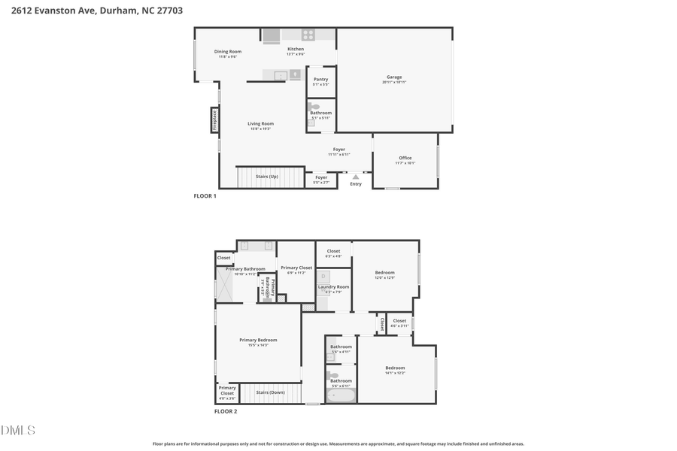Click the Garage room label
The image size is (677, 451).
coord(394,77)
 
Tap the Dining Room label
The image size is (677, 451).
coord(228,53)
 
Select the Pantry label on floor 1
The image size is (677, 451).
coord(320,80)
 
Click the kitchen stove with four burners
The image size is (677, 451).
coord(308,35)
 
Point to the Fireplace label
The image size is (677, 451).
coord(214,120)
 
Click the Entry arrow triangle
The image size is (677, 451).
coord(356,177)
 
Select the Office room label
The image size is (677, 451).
coord(405,159)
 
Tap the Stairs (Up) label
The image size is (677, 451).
coord(267,177)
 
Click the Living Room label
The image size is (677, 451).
coord(261,124)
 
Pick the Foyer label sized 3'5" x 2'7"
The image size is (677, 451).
coord(321,179)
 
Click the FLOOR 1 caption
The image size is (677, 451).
coord(205,196)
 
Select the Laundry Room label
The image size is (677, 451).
coord(333,287)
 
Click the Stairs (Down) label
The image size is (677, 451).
coord(270,392)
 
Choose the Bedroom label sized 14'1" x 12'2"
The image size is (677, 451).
coord(395,368)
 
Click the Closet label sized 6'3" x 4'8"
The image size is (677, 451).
coord(333,252)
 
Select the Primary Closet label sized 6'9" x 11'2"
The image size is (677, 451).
coord(296,268)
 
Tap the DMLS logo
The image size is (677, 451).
coord(19,431)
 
